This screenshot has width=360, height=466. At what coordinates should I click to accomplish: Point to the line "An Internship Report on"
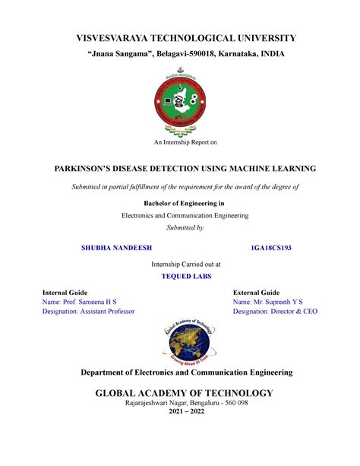179,142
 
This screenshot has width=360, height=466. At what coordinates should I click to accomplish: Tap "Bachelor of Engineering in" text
180,204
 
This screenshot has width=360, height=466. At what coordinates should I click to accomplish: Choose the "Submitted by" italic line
179,227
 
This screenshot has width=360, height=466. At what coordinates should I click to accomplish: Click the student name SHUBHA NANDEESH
115,248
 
